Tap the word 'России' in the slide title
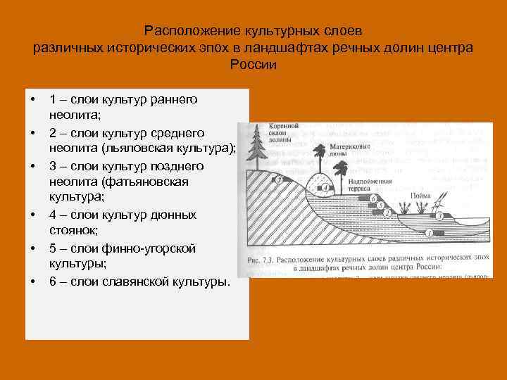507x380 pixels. point(254,65)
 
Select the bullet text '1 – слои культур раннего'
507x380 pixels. point(123,99)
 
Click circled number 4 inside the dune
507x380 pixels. point(325,186)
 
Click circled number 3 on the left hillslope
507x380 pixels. point(280,180)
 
